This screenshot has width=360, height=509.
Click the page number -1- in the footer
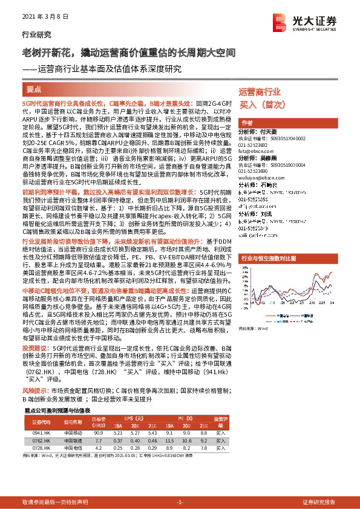tap(180, 502)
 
